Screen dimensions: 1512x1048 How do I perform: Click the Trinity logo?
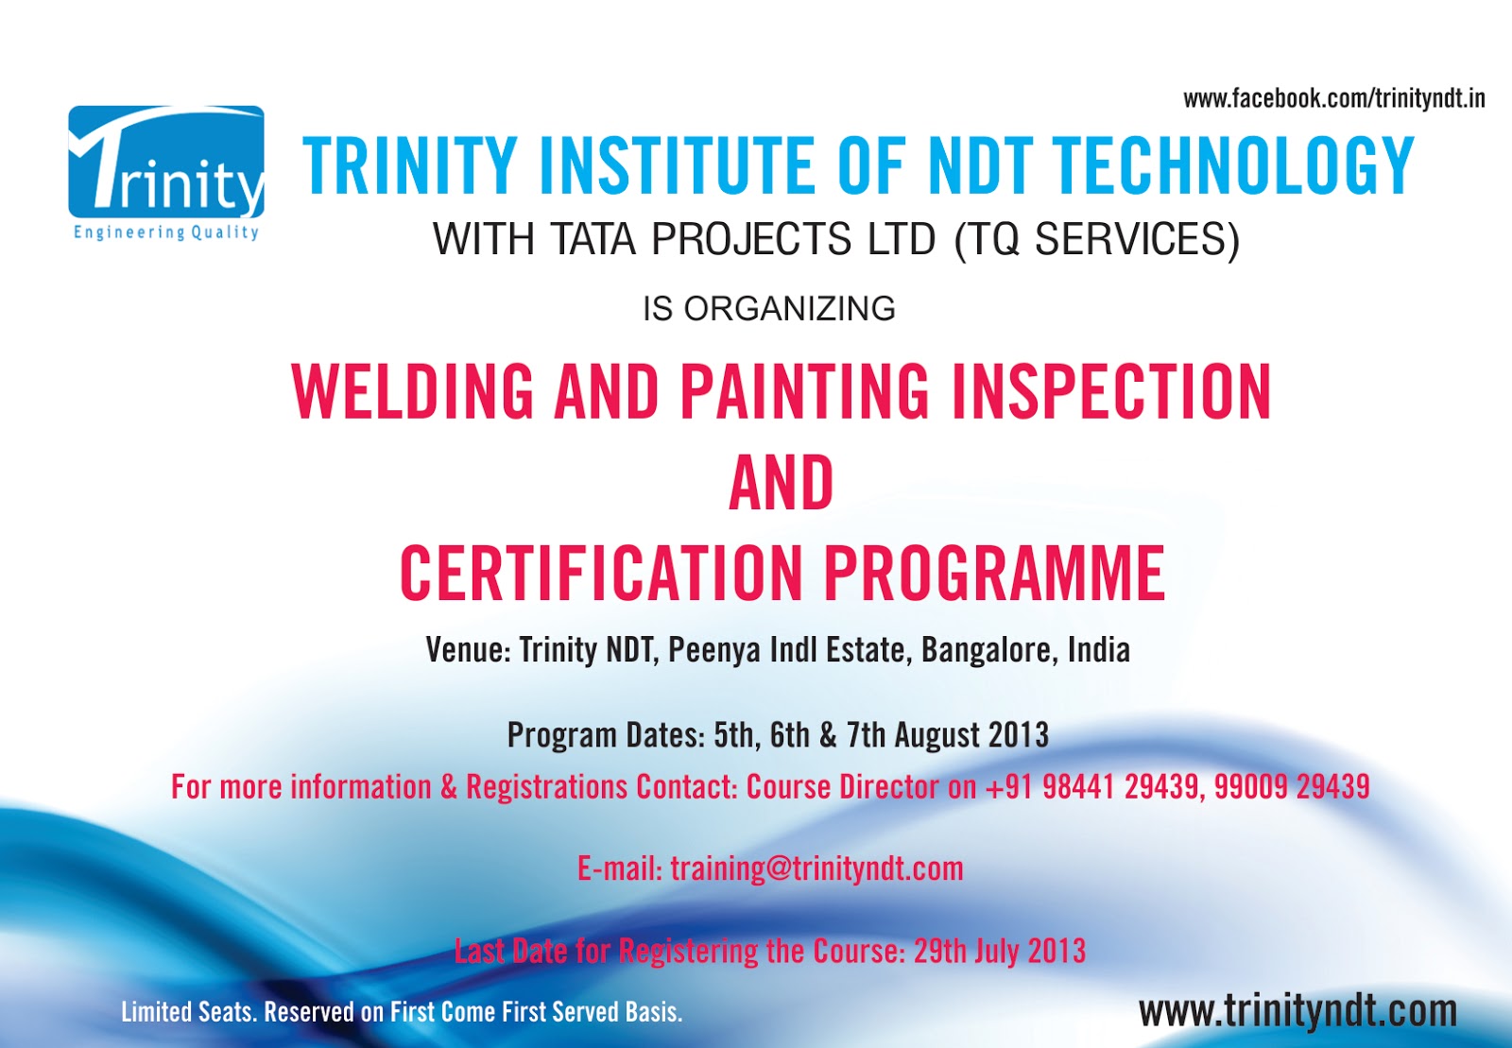[166, 173]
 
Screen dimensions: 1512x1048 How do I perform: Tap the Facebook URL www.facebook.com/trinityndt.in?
[1333, 99]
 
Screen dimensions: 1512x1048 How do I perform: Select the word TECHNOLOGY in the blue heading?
[1232, 166]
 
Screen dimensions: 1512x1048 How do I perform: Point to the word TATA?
[593, 239]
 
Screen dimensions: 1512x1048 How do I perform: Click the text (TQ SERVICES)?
[1097, 240]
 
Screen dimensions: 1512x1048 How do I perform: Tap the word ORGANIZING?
[790, 309]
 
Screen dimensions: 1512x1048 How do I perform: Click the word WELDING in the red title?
[412, 392]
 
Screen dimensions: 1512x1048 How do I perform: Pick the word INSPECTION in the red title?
[1111, 392]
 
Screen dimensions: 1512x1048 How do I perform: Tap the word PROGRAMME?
[994, 574]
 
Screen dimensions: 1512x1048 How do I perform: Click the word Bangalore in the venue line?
[987, 650]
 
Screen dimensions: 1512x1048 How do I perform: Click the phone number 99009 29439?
[1292, 787]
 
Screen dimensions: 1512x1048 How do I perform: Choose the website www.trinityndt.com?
[1297, 1011]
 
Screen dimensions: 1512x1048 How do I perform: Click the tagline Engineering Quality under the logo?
[166, 232]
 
